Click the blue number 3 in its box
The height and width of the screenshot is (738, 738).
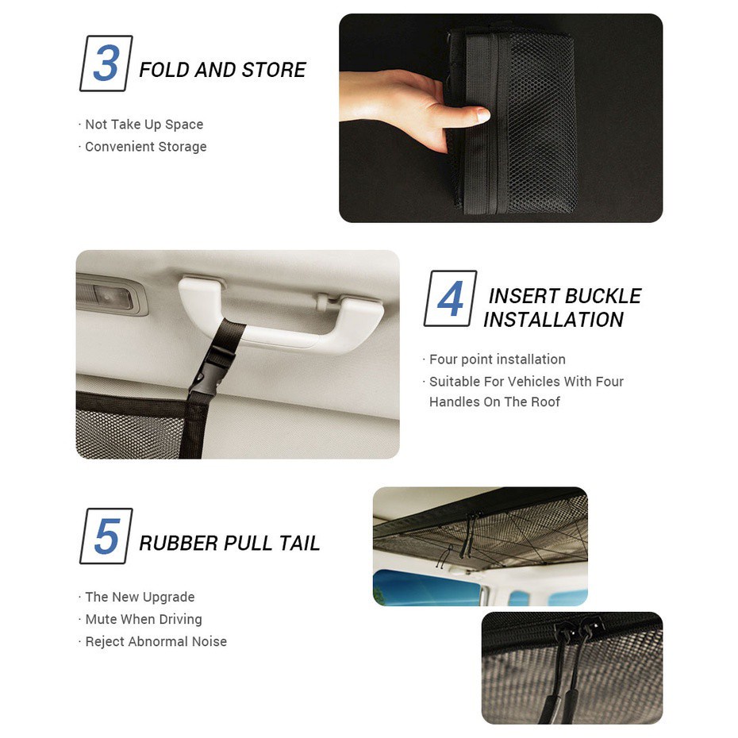[x=106, y=63]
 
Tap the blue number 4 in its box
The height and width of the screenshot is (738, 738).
[x=451, y=298]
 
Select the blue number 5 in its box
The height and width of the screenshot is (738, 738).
[x=107, y=536]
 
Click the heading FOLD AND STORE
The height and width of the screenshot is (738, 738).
[x=223, y=70]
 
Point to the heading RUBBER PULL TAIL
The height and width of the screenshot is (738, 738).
[x=229, y=543]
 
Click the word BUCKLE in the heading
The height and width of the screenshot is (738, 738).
[x=603, y=296]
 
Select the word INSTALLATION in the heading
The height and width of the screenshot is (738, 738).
[x=553, y=320]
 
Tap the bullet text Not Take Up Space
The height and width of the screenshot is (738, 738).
[x=144, y=125]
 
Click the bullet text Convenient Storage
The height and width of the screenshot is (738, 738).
[x=146, y=147]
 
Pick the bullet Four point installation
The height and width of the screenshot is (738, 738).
[x=497, y=359]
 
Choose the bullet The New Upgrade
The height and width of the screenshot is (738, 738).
[x=140, y=597]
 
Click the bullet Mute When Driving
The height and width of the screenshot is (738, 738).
[x=144, y=619]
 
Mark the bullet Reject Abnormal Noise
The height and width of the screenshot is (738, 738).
[x=156, y=641]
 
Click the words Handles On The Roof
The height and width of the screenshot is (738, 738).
[x=494, y=402]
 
